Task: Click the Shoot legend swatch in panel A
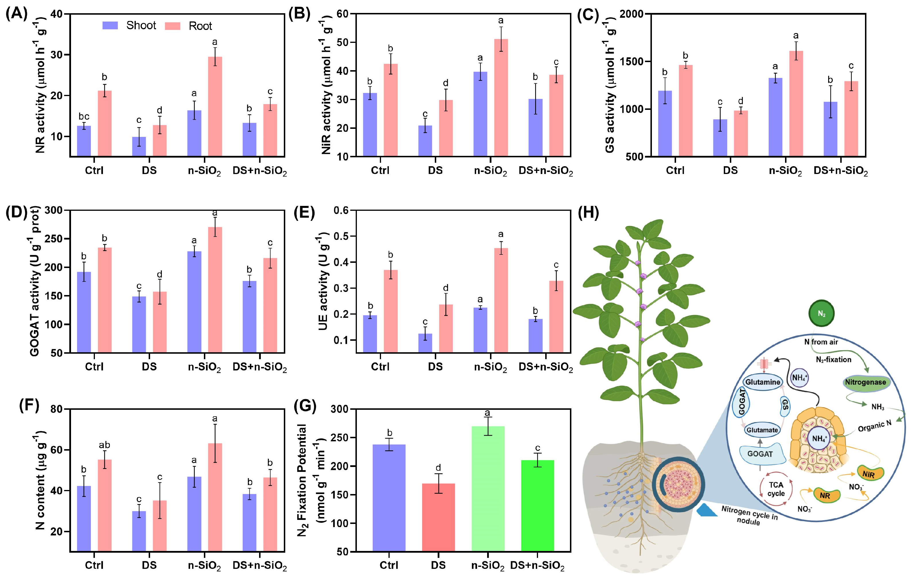point(110,25)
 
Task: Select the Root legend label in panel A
point(200,26)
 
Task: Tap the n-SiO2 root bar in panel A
point(215,106)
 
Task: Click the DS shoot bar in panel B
point(425,141)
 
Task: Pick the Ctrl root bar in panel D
point(105,299)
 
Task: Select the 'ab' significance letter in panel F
point(104,445)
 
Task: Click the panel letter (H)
point(588,213)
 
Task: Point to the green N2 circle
point(821,313)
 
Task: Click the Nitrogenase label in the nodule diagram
point(865,382)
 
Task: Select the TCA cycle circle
point(776,489)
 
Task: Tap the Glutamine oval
point(763,382)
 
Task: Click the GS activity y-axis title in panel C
point(610,87)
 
